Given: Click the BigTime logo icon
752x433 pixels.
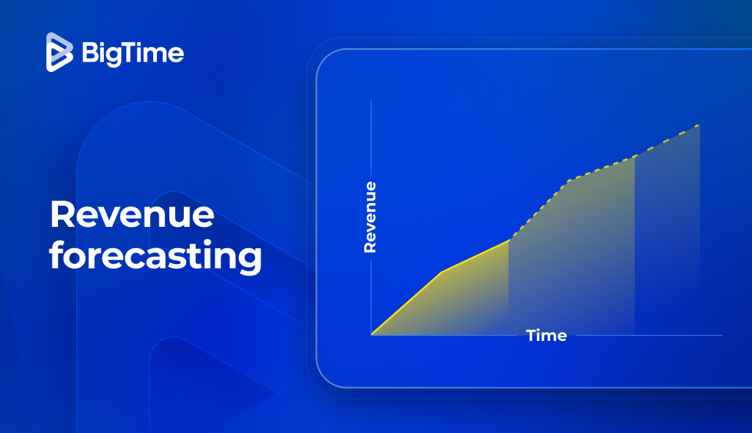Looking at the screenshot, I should (60, 52).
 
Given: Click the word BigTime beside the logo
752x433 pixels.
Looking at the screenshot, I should (132, 54).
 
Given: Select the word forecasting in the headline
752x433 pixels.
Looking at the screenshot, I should (156, 257).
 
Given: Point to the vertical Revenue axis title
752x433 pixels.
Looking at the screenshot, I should (370, 217).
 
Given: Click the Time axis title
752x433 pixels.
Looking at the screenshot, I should (546, 335).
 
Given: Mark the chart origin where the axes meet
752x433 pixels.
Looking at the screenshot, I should (371, 335).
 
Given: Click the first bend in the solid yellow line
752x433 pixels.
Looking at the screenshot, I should (442, 271).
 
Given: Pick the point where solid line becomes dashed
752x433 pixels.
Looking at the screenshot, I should (508, 240).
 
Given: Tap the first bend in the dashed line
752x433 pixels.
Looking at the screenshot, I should (569, 181).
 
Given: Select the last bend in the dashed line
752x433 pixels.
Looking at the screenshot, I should (635, 157).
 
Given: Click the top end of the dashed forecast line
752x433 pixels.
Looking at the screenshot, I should (700, 125).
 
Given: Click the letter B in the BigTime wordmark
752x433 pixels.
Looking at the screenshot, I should (89, 54).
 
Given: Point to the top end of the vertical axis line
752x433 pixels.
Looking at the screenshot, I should (371, 99).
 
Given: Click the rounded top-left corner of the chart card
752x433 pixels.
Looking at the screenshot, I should (324, 57).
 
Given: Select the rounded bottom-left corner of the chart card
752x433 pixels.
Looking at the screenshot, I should (324, 379).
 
